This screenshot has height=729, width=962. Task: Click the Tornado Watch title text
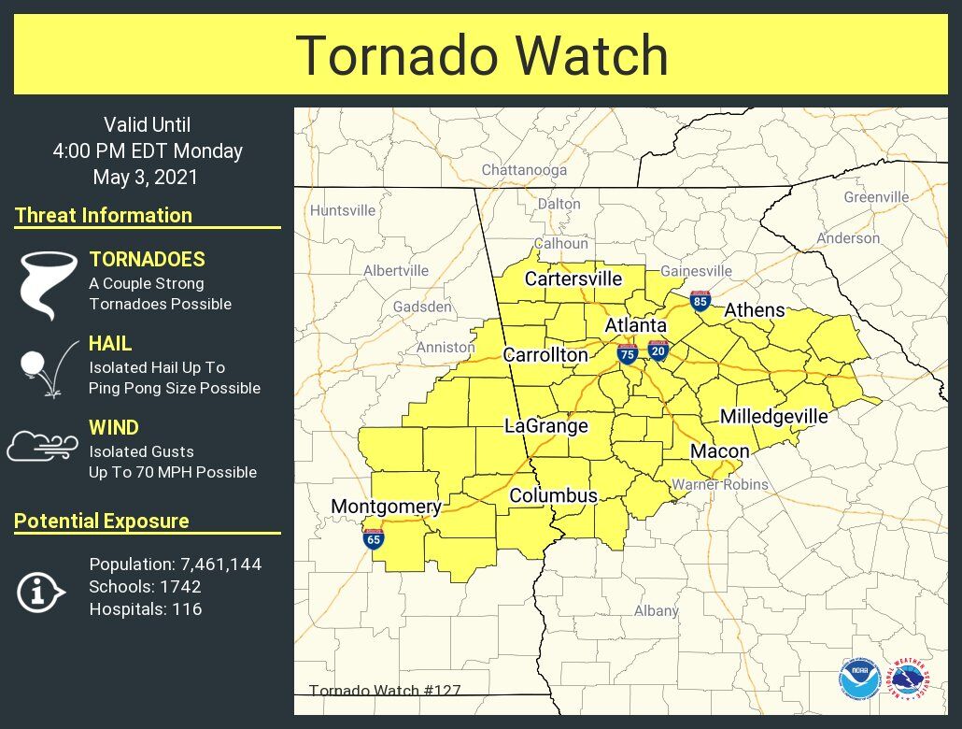(x=481, y=56)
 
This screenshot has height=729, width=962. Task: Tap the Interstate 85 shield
(x=700, y=300)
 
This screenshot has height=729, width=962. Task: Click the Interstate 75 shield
(x=628, y=353)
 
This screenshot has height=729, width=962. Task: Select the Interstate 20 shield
(x=658, y=350)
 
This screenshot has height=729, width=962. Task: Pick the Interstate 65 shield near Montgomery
(x=374, y=538)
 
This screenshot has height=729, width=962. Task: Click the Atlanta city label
(x=635, y=325)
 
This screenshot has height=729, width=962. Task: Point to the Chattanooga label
(x=524, y=170)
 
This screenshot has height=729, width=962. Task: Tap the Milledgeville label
(x=773, y=416)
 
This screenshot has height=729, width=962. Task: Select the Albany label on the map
(x=656, y=610)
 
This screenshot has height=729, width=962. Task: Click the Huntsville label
(x=343, y=210)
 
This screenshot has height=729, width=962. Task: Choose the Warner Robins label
(x=720, y=484)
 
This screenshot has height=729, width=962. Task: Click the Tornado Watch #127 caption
(x=385, y=692)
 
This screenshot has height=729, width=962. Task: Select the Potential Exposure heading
(x=102, y=522)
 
